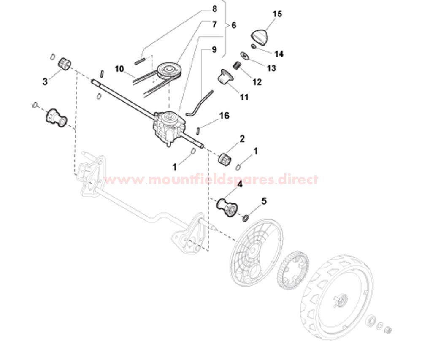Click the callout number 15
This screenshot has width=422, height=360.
277,14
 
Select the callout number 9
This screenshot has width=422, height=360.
214,50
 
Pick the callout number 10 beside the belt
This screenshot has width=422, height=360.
119,68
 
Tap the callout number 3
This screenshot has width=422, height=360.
45,81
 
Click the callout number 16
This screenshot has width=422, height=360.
224,116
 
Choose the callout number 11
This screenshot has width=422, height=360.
244,97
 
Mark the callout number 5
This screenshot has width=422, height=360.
264,201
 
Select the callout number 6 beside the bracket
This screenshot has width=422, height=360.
233,25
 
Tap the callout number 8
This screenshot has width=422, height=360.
214,9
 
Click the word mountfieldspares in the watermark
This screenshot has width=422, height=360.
213,180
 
